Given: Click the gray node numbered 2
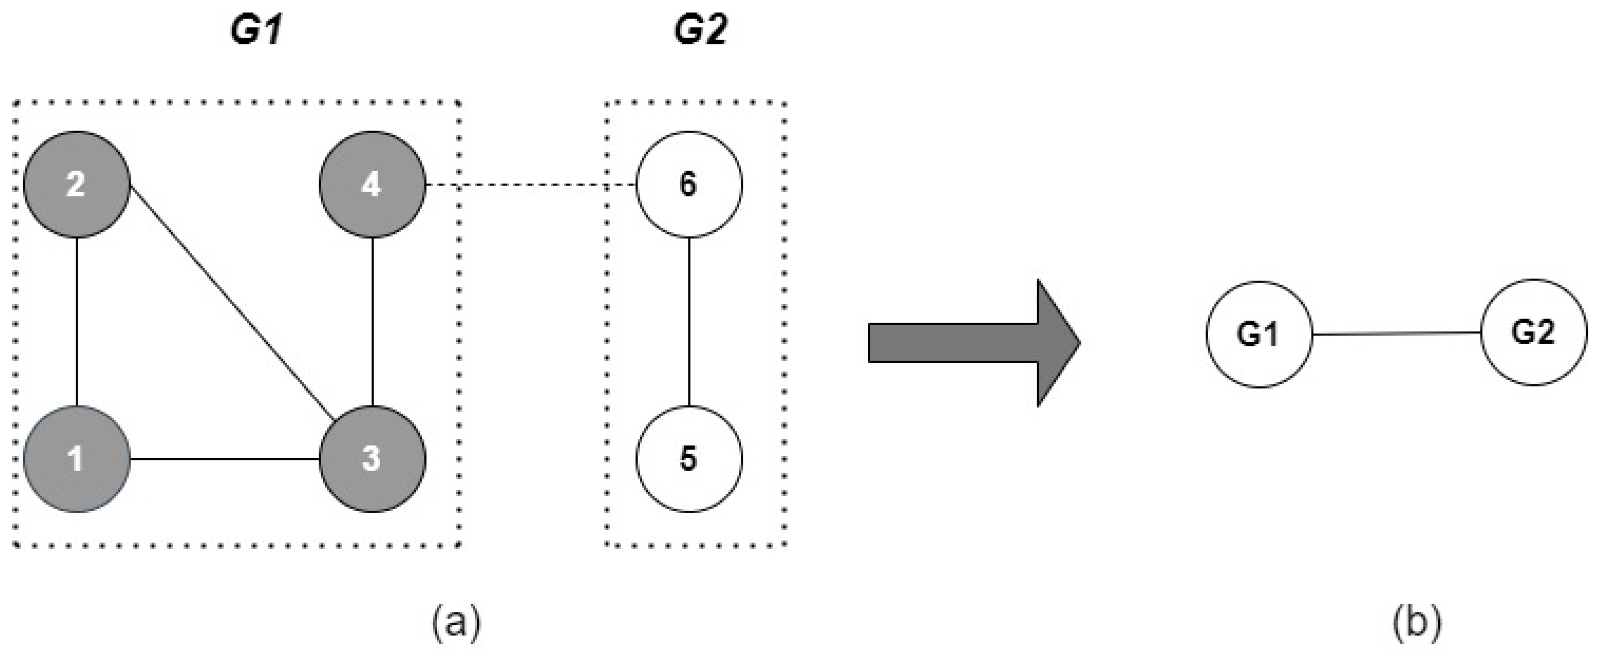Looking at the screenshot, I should pos(77,184).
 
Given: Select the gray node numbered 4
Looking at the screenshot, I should pos(372,184).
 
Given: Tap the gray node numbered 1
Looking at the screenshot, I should pos(77,459).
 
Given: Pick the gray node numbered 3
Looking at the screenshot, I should pos(372,459).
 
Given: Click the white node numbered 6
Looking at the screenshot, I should pos(688,184).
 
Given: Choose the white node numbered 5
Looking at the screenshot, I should pos(688,459).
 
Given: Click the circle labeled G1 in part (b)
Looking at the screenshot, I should pos(1259,335).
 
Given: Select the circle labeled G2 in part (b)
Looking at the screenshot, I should pos(1533,332).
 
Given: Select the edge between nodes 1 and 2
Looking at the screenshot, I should pos(77,321).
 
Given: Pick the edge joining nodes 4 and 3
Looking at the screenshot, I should pos(372,321).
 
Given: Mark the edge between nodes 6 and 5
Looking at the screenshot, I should pos(688,321).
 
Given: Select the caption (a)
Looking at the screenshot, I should pos(457,622).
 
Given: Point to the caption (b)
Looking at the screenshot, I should pos(1417,622).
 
